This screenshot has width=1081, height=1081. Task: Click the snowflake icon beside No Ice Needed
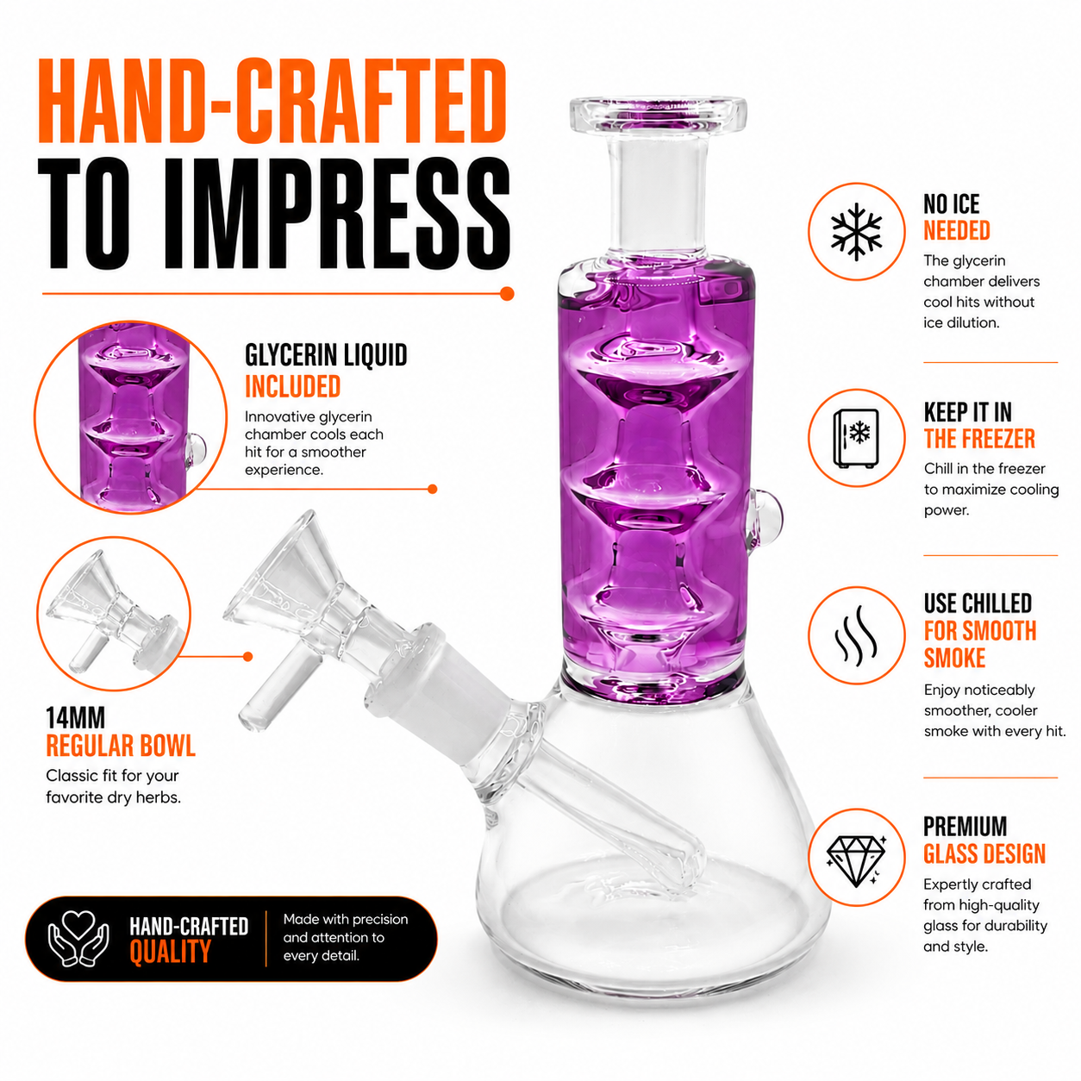(x=856, y=232)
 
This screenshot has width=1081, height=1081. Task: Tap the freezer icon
(x=856, y=438)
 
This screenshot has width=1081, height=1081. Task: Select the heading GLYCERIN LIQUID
(x=326, y=355)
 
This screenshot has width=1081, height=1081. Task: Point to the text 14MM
(x=75, y=718)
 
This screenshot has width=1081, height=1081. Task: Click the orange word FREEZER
(x=1001, y=439)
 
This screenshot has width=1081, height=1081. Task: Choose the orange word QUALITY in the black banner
(x=170, y=953)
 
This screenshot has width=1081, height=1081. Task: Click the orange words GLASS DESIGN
(x=984, y=853)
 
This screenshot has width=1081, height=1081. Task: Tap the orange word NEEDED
(x=957, y=231)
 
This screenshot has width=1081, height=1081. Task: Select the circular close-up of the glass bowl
(x=114, y=614)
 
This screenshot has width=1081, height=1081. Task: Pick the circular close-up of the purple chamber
(x=131, y=418)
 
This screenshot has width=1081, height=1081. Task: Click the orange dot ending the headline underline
(x=507, y=294)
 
